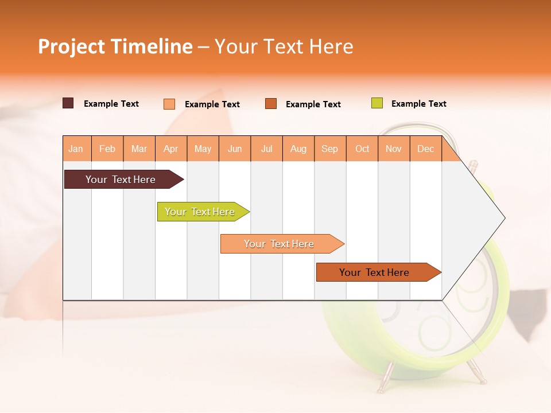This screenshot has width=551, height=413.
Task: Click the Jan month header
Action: [76, 149]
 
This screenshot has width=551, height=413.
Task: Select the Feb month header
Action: [107, 149]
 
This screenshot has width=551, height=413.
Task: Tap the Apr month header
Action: [171, 149]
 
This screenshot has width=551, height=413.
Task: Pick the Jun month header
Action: [235, 149]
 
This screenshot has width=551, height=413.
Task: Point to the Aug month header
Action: [298, 149]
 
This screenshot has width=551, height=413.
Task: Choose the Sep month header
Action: [330, 149]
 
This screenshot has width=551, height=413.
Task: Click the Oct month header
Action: [362, 149]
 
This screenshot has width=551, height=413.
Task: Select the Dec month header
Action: [426, 149]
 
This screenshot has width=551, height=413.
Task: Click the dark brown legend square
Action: [68, 103]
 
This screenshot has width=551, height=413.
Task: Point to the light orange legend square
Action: [169, 104]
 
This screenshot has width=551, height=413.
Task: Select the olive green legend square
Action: [377, 103]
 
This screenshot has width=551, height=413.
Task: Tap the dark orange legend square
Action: [271, 104]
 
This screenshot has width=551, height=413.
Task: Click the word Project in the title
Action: [71, 46]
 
